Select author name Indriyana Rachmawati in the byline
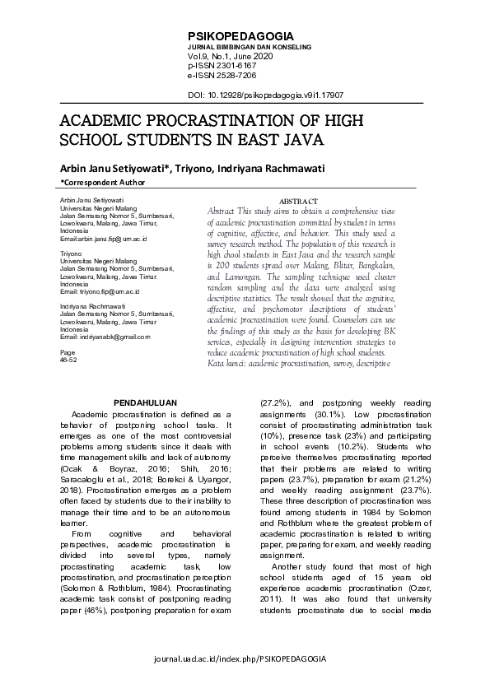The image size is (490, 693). [x=273, y=169]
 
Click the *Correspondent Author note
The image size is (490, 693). [x=103, y=183]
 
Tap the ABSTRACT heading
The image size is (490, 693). [x=299, y=201]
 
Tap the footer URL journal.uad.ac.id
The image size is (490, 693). [x=245, y=660]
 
